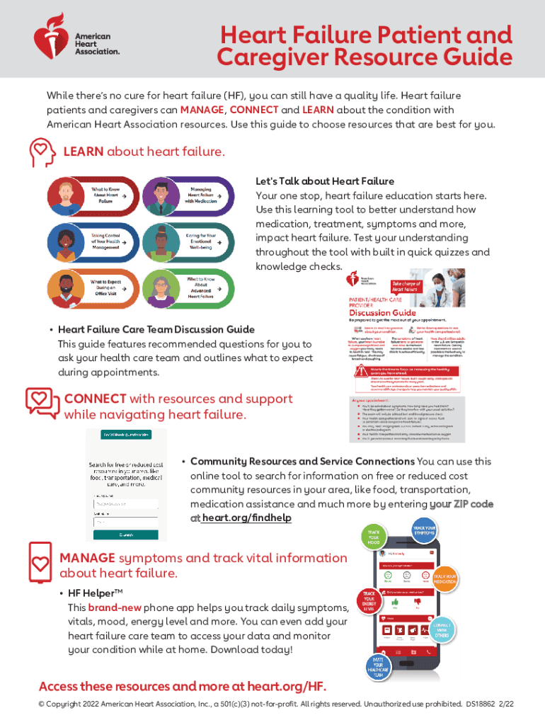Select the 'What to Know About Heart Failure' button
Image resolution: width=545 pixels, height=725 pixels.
tap(91, 195)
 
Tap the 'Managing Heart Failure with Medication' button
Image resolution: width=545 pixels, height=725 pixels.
tap(188, 195)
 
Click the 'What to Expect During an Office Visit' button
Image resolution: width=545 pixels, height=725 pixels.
tap(91, 290)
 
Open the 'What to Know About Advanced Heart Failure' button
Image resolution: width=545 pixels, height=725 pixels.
tap(188, 290)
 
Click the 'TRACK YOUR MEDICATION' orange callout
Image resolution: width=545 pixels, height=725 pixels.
tap(446, 578)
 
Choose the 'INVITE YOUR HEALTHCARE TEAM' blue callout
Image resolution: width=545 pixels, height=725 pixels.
tap(379, 668)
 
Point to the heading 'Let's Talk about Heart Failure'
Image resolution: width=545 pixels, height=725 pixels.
tap(325, 181)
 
